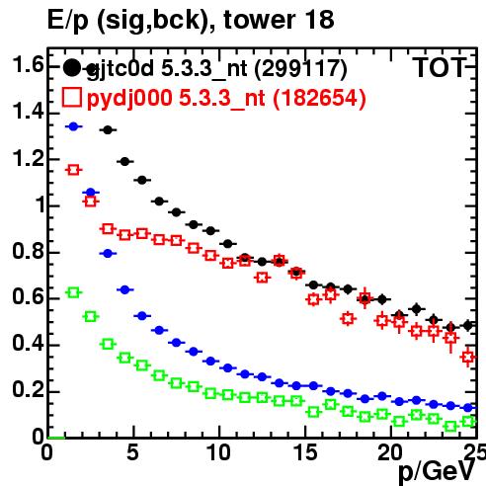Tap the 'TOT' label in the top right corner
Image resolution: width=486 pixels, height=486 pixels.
click(440, 68)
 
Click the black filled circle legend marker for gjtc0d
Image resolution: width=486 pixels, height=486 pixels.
click(72, 67)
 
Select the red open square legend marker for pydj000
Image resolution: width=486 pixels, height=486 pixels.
click(72, 97)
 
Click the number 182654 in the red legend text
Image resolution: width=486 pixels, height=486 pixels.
click(319, 98)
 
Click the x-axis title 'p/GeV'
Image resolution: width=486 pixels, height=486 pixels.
click(437, 471)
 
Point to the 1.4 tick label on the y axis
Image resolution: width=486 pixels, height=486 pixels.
click(28, 112)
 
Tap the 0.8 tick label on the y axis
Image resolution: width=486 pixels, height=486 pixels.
click(28, 251)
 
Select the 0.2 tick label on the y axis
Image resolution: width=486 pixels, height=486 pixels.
click(28, 390)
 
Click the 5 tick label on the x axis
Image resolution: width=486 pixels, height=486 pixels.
click(132, 452)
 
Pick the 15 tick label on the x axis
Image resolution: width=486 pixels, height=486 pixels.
click(305, 452)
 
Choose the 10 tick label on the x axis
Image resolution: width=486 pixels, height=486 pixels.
click(218, 452)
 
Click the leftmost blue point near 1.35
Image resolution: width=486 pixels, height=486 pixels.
click(73, 126)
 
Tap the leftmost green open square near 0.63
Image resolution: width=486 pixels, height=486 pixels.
click(73, 292)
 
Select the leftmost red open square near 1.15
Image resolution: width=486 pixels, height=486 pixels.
click(73, 170)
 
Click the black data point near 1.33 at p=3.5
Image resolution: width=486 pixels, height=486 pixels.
click(108, 130)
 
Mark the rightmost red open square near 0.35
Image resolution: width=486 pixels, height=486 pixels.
click(468, 357)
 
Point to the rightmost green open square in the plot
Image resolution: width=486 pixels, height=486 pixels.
click(468, 421)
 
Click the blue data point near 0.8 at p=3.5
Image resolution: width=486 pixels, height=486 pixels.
click(108, 254)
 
